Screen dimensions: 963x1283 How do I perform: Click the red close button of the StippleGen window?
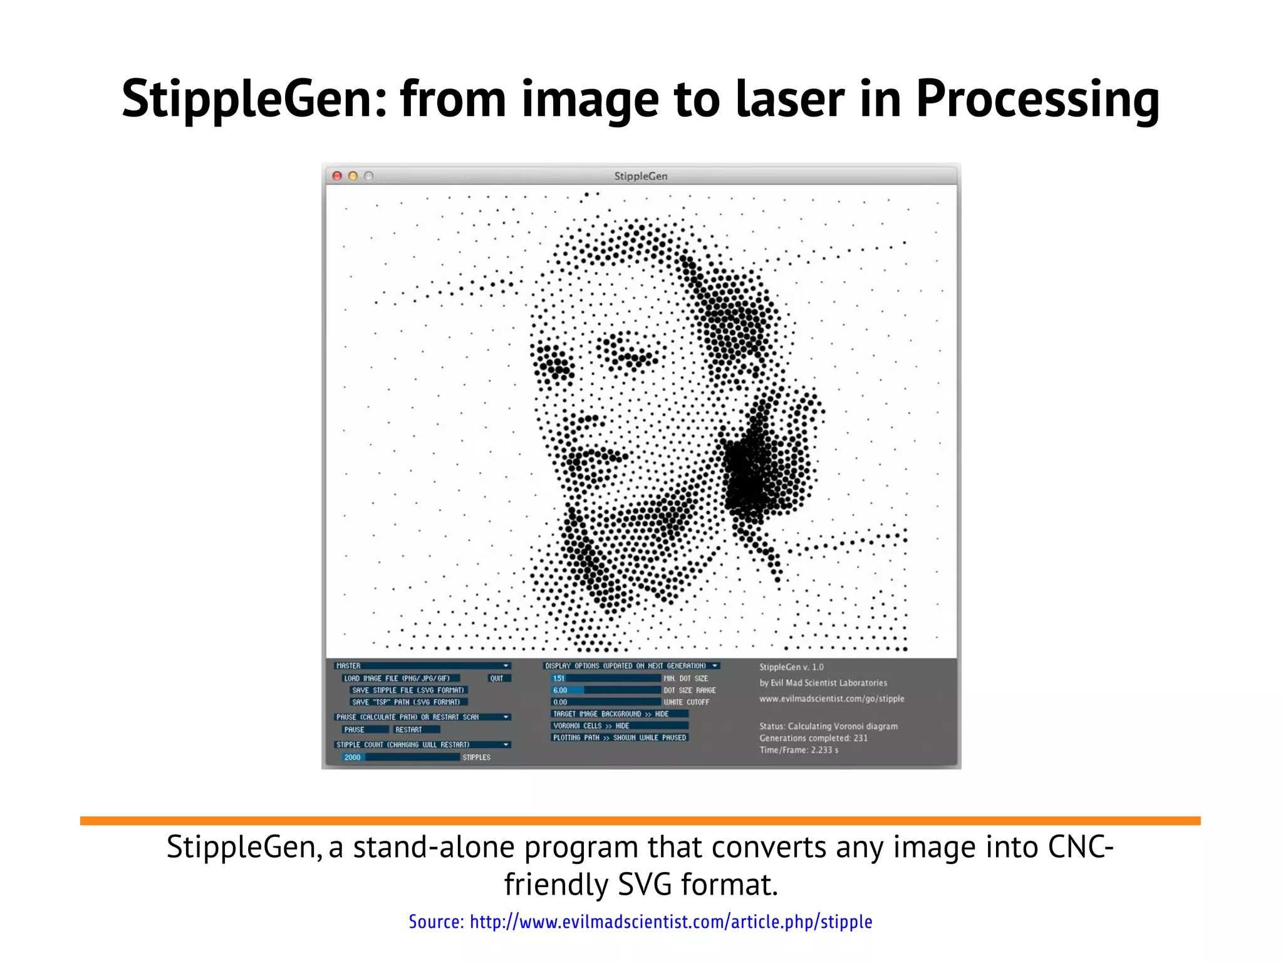[337, 176]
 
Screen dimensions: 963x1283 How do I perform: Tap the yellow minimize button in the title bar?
[353, 176]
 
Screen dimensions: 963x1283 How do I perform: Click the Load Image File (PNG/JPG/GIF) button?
[400, 678]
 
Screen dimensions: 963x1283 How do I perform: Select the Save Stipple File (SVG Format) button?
[408, 690]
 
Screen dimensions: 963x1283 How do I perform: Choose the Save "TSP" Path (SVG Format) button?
[408, 702]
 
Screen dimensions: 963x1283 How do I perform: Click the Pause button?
[365, 730]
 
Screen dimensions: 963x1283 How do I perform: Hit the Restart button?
[416, 730]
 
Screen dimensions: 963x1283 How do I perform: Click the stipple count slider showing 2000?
[401, 757]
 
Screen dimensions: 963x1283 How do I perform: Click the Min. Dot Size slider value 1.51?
[605, 678]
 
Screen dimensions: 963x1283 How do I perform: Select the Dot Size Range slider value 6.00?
[605, 690]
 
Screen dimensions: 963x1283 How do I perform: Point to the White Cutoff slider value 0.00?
[605, 702]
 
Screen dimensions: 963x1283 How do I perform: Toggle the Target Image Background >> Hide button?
[619, 714]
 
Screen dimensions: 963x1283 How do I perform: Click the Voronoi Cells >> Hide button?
[619, 726]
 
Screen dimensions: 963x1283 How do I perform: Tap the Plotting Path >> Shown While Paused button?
[619, 738]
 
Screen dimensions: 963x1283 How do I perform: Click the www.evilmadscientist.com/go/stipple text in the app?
[831, 698]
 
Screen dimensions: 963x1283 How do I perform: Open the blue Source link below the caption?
[640, 922]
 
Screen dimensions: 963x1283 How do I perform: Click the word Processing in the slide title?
[1037, 99]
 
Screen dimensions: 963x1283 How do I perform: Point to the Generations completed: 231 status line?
[813, 738]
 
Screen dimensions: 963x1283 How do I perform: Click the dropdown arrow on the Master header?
[506, 666]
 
